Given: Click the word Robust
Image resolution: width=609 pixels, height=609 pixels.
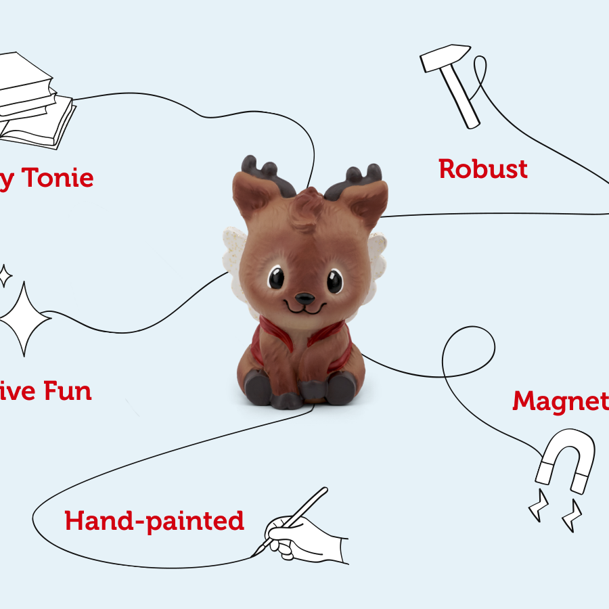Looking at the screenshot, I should coord(482,168).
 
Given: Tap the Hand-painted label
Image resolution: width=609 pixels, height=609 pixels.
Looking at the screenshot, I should coord(154,521).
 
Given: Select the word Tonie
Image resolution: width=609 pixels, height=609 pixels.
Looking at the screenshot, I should coord(58,179).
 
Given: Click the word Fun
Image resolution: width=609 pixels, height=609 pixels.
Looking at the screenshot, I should coord(67,391).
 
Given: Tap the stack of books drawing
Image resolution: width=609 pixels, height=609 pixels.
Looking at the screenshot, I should coord(34,101).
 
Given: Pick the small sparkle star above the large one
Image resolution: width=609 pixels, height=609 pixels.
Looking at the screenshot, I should coord(5,276).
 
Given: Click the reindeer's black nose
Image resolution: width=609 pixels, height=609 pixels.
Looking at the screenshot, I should coord(304,297).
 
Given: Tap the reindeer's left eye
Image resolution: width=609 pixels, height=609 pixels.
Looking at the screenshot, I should coord(276,278).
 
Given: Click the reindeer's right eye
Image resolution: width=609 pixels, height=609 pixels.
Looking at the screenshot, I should coord(334,279).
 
